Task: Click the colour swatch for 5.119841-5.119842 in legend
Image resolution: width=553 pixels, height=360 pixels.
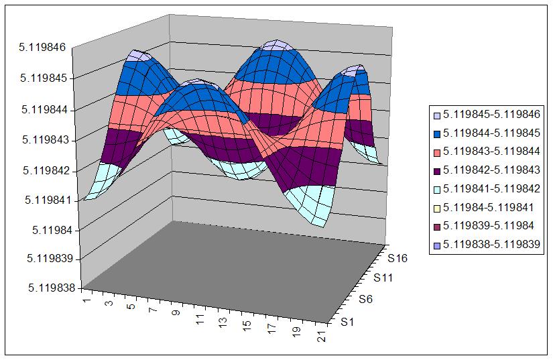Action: click(436, 188)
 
